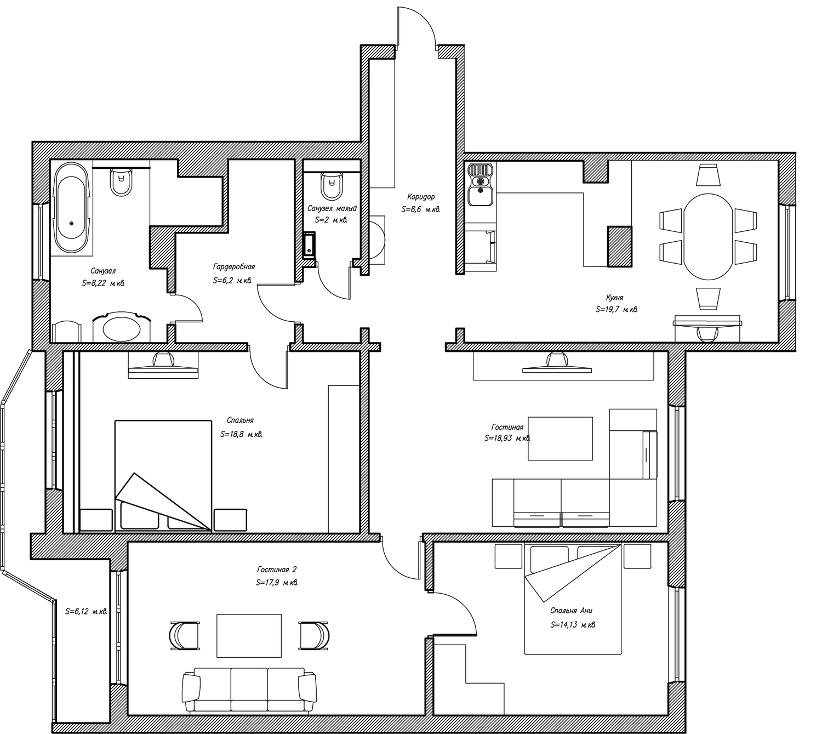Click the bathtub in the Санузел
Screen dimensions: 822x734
71,208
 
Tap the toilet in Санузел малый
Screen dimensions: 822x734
332,186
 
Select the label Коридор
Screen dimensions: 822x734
421,197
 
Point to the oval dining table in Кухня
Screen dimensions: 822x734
709,237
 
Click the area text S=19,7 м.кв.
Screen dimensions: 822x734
616,310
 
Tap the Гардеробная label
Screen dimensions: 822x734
233,267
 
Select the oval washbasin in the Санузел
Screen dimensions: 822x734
121,328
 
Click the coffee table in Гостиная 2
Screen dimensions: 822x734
249,636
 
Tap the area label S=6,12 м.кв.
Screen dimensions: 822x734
86,611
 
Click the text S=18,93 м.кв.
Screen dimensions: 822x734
507,439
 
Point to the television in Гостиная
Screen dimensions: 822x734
557,364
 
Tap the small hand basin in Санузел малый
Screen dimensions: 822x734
309,246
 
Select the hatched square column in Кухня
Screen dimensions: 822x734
620,247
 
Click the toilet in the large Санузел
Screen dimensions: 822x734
121,181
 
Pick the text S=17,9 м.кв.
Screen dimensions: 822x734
277,583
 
